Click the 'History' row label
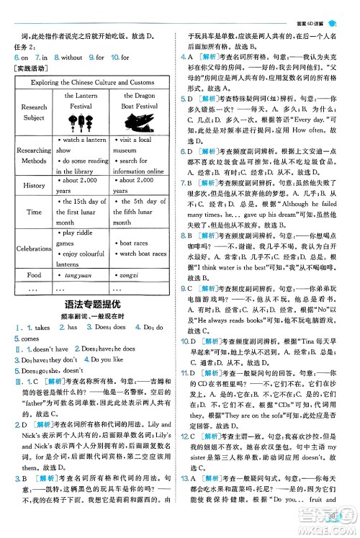pos(34,185)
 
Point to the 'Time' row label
pos(34,212)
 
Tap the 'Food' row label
pos(34,274)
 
